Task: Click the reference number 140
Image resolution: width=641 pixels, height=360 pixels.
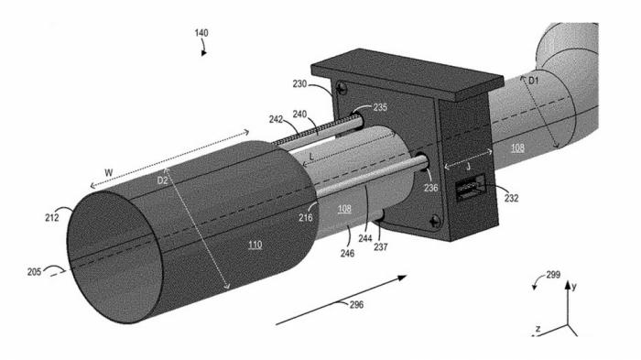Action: point(201,33)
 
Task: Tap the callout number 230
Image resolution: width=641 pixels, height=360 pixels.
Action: point(299,84)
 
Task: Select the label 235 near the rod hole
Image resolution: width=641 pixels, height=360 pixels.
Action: point(380,107)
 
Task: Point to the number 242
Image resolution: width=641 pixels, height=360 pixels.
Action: point(276,119)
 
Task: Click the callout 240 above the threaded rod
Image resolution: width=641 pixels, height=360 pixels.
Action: point(299,115)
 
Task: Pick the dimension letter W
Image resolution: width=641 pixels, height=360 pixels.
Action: point(108,172)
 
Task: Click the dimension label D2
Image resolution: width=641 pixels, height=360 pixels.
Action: point(162,180)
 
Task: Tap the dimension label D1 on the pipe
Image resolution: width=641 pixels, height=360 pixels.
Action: point(534,81)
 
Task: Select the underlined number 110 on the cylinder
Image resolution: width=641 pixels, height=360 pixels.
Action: point(255,245)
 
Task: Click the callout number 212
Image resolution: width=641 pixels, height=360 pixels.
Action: point(52,218)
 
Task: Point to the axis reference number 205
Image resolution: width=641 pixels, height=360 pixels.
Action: point(35,272)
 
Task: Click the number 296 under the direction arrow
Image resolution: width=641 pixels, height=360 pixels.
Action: point(356,304)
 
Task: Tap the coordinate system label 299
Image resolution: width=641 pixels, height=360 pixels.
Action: point(553,275)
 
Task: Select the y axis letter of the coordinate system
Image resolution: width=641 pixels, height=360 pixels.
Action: point(574,287)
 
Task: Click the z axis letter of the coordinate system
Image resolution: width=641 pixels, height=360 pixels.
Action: point(538,328)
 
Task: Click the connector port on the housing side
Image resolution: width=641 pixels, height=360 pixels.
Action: point(471,188)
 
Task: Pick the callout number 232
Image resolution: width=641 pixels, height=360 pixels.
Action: point(511,198)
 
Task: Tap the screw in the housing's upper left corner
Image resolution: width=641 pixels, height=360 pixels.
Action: point(342,88)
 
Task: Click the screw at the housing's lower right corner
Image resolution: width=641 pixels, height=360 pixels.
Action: point(435,222)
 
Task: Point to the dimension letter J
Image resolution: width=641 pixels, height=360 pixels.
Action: point(469,167)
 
